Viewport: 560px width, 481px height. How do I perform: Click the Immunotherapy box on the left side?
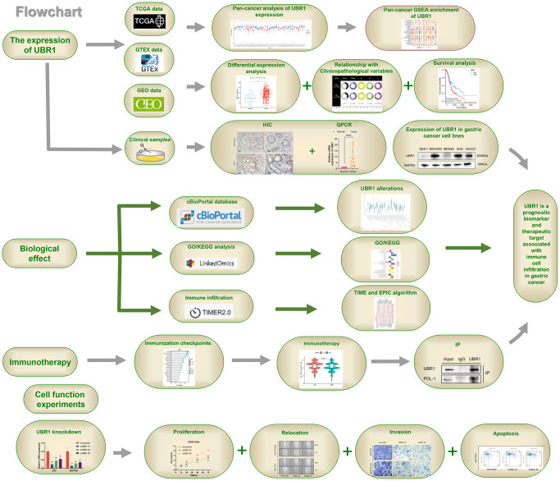tap(38, 360)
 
